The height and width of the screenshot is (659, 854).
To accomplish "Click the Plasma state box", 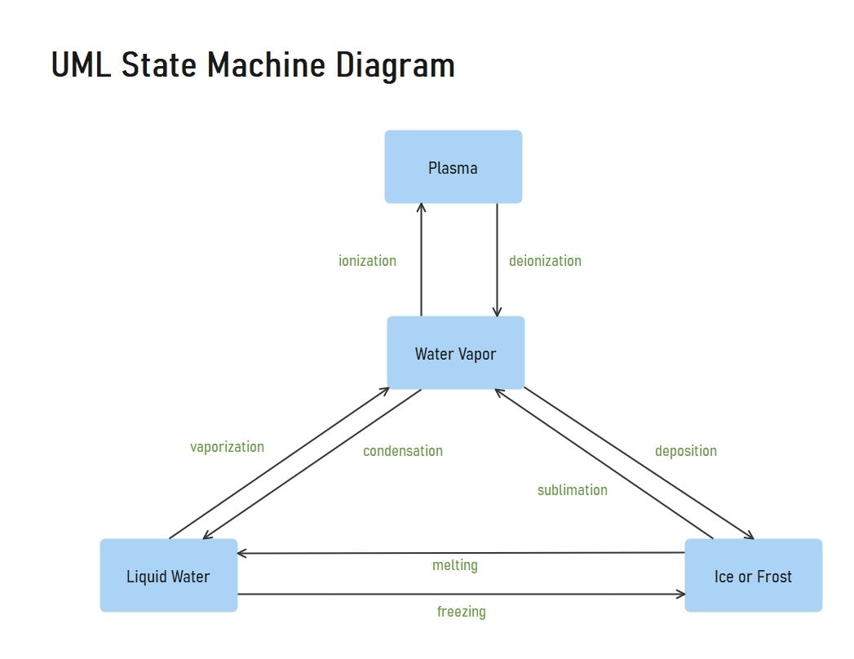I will pos(453,167).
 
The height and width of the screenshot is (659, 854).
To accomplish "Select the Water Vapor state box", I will pos(455,353).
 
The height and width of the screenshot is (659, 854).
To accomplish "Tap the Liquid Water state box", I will pos(168,576).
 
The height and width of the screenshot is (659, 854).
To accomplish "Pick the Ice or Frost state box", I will pos(753,576).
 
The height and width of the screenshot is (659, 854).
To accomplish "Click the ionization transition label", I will pos(367,261).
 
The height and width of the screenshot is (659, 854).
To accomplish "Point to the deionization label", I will pos(545,261).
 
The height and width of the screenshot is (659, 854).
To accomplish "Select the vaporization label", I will pos(227,447).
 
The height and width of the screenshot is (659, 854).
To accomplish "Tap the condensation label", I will pos(403,451).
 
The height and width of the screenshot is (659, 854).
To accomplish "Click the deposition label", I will pos(686,451).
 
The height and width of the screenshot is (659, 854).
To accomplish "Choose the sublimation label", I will pos(572,490).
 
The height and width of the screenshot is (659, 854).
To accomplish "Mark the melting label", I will pos(455,565).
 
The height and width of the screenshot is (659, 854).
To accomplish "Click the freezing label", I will pos(461,611).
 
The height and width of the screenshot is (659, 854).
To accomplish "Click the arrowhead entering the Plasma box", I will pos(421,207).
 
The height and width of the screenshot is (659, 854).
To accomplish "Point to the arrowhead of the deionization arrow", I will pos(497,312).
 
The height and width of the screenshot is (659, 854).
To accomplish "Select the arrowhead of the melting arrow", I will pos(242,553).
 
